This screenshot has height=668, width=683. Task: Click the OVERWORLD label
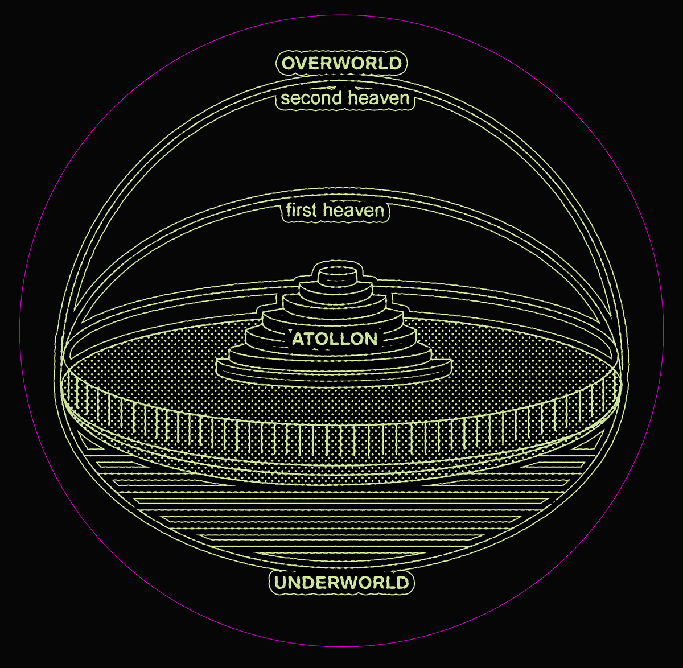(341, 64)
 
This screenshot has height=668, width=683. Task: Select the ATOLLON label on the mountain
(335, 339)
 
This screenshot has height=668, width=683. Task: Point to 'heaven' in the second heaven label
(379, 98)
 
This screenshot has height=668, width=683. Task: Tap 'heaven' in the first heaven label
(354, 210)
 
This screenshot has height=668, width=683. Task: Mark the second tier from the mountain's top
(336, 290)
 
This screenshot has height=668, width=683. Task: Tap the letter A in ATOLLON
(298, 339)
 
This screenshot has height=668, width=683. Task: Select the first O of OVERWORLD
(289, 64)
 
